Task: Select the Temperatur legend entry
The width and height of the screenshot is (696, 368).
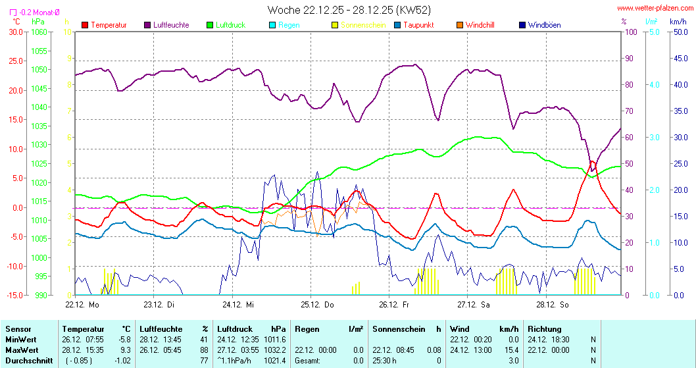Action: (109, 25)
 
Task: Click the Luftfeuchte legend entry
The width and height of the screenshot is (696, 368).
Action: (171, 25)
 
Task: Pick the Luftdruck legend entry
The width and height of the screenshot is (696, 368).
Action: (230, 25)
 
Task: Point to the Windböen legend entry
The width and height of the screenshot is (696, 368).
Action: (544, 25)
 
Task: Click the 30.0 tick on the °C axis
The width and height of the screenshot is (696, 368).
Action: (14, 32)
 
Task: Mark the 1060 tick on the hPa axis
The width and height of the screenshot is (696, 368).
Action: (39, 32)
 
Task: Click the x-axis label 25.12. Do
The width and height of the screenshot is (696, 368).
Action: (318, 304)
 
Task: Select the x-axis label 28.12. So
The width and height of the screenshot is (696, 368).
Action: (552, 304)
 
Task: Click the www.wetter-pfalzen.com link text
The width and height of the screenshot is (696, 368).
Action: (655, 9)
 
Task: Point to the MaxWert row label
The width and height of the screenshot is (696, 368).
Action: (21, 350)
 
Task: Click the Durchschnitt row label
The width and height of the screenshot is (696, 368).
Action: (26, 361)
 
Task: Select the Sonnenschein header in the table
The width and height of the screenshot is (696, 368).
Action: (398, 329)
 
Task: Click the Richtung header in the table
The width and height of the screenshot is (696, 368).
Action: (544, 329)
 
